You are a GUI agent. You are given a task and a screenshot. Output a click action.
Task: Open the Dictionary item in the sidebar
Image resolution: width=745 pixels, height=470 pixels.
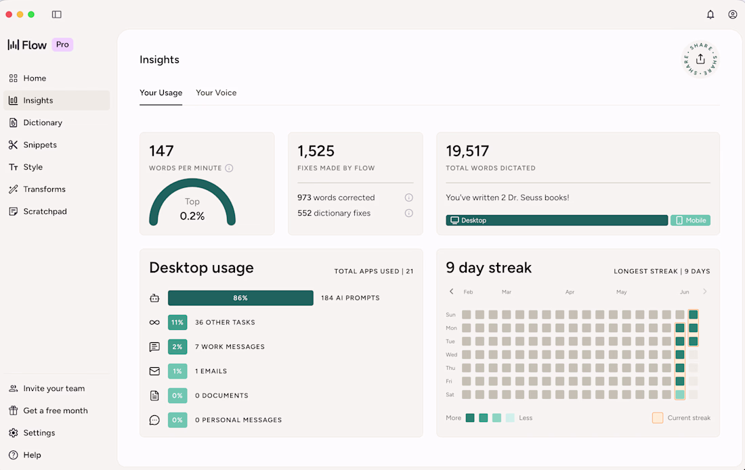pyautogui.click(x=36, y=122)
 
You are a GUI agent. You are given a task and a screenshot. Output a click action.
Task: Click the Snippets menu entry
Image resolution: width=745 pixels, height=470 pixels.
pyautogui.click(x=33, y=145)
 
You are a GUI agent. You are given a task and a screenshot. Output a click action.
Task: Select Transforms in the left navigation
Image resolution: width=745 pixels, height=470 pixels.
pyautogui.click(x=37, y=189)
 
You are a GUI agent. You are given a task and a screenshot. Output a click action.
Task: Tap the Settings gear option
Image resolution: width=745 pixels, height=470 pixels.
pyautogui.click(x=32, y=433)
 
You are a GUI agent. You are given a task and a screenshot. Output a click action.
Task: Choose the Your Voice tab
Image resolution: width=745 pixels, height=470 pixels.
pyautogui.click(x=216, y=93)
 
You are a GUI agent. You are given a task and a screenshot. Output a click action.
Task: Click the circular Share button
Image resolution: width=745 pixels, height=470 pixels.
pyautogui.click(x=700, y=60)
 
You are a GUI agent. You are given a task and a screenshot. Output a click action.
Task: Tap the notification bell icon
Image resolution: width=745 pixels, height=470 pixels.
pyautogui.click(x=710, y=14)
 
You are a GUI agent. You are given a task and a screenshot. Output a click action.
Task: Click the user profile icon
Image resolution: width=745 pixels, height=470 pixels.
pyautogui.click(x=733, y=14)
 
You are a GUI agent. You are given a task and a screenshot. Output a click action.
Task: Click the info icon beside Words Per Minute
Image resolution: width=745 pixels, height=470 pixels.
pyautogui.click(x=229, y=168)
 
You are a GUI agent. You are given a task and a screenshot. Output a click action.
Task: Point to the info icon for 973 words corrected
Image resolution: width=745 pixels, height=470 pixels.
pyautogui.click(x=408, y=197)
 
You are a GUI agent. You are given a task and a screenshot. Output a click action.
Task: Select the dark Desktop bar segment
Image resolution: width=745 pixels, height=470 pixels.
pyautogui.click(x=557, y=220)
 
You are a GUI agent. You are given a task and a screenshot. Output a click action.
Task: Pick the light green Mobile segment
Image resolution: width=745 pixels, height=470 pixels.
pyautogui.click(x=690, y=220)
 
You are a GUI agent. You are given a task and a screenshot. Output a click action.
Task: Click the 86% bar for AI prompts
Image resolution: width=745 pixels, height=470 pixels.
pyautogui.click(x=240, y=298)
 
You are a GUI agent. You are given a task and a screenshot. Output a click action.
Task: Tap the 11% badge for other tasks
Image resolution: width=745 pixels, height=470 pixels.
pyautogui.click(x=177, y=323)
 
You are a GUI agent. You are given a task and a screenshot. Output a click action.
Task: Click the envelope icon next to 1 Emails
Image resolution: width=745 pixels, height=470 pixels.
pyautogui.click(x=154, y=371)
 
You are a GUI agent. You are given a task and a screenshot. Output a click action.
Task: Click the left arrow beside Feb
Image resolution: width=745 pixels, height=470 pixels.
pyautogui.click(x=451, y=291)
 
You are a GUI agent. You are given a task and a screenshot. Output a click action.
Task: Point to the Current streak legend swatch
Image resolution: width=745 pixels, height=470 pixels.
pyautogui.click(x=658, y=418)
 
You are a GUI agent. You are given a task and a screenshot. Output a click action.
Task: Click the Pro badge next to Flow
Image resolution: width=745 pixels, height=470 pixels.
pyautogui.click(x=62, y=45)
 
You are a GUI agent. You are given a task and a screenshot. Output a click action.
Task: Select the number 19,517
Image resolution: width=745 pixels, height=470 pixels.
pyautogui.click(x=467, y=151)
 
